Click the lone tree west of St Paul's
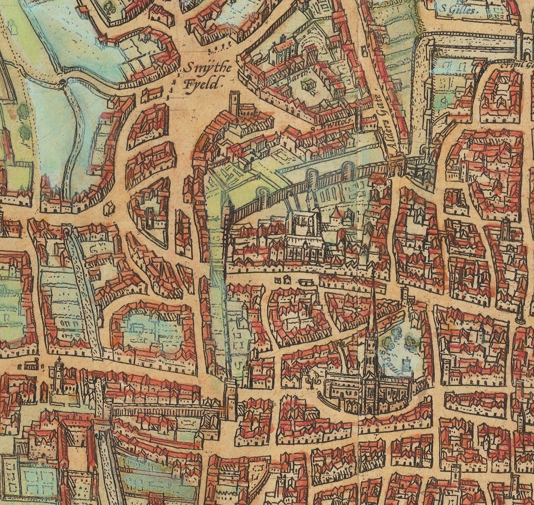click(x=311, y=379)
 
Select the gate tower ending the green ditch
click(x=231, y=398)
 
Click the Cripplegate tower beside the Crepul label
click(x=519, y=42)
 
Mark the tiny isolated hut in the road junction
click(x=109, y=208)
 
